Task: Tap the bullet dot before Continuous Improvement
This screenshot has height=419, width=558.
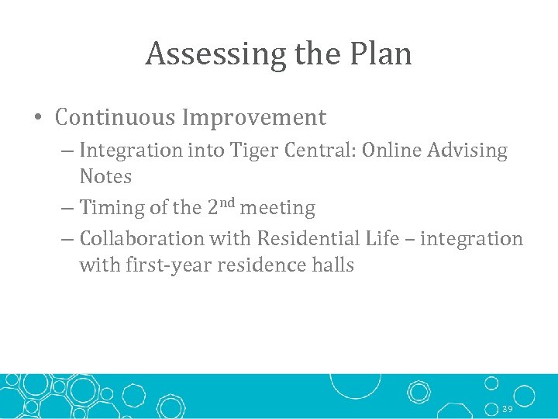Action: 39,119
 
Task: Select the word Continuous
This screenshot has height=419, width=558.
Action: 115,118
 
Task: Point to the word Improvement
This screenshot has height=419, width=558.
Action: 254,118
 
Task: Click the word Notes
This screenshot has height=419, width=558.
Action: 105,177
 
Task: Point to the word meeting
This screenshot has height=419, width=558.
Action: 277,209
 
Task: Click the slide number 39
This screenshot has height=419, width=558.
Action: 508,408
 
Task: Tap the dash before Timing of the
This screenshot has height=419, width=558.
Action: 67,209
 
